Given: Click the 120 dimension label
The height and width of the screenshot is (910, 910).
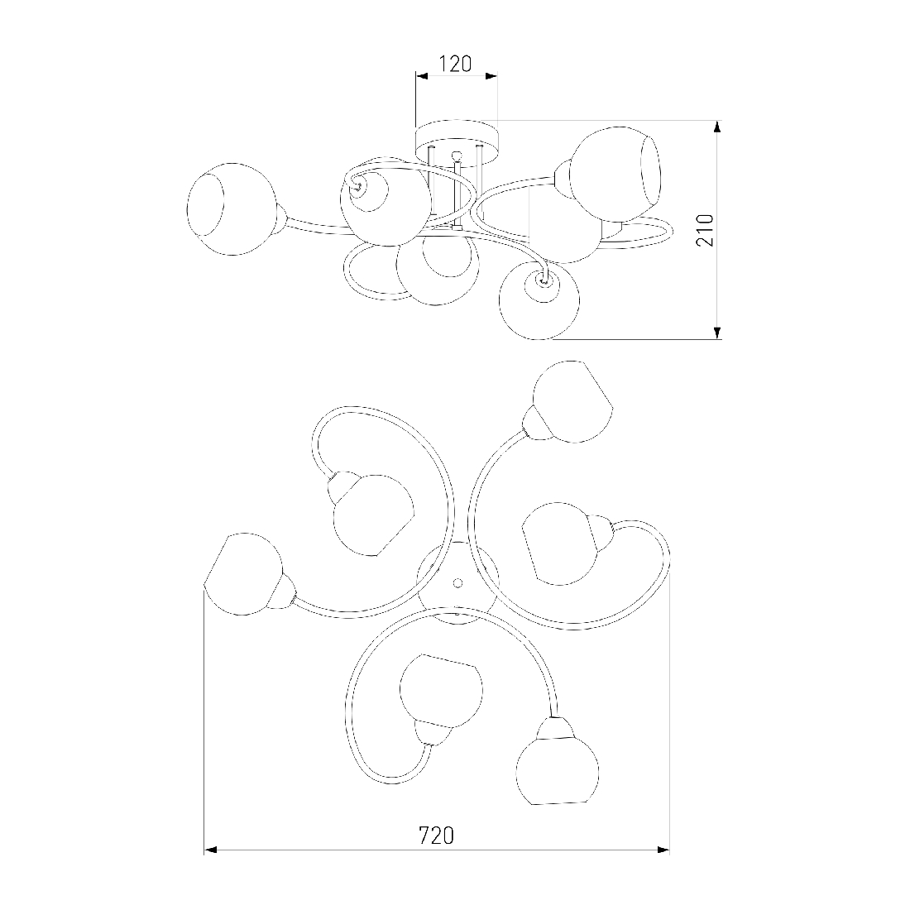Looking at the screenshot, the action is (x=454, y=64).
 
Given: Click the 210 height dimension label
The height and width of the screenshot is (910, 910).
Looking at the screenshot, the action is (x=705, y=231).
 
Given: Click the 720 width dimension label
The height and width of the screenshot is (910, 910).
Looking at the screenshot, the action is (x=437, y=836).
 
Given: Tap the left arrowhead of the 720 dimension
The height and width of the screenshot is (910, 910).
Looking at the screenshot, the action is (x=210, y=850).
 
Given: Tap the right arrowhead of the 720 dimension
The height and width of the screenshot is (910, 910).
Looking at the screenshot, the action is (x=663, y=850).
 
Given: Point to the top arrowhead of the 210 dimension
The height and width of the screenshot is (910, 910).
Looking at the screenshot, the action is (x=717, y=127).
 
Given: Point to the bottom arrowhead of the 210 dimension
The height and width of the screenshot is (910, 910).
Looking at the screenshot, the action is (x=717, y=333).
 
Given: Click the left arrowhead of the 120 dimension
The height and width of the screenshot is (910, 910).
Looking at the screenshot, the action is (x=422, y=75).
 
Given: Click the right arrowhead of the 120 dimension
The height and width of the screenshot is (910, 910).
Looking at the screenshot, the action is (x=491, y=75).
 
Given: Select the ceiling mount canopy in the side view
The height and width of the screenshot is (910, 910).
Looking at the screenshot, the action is (x=457, y=141).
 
